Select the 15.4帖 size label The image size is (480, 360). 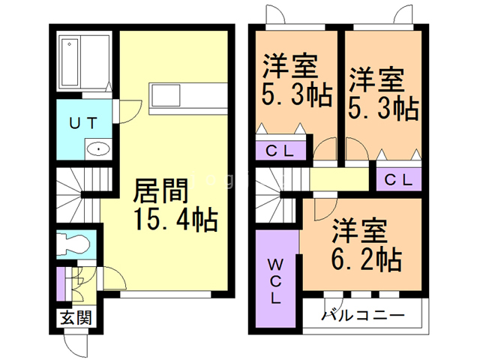pos(175,220)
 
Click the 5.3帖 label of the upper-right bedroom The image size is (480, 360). pos(383,107)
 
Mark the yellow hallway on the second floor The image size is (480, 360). pos(337,180)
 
